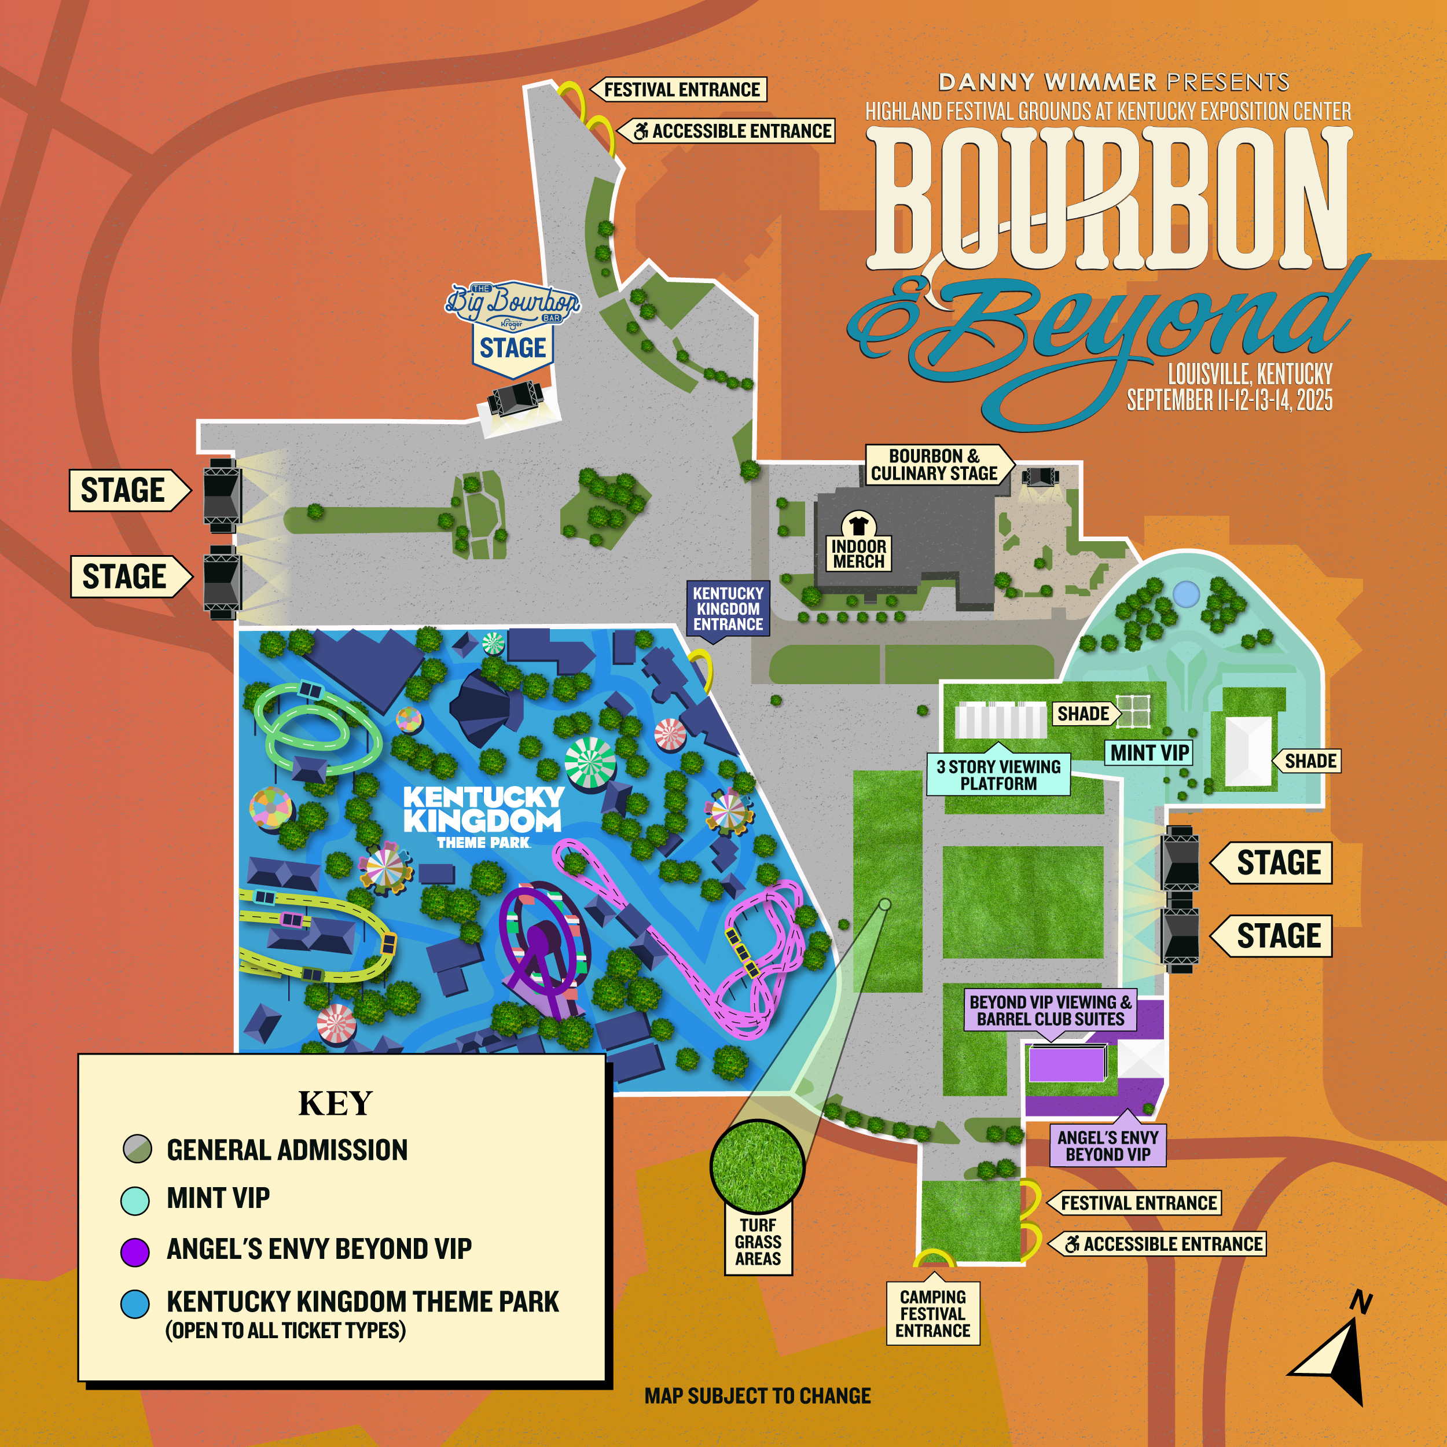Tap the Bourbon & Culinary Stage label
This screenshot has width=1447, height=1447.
[x=935, y=465]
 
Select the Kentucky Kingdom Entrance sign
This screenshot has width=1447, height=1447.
[x=727, y=609]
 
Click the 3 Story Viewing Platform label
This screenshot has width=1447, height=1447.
[x=998, y=775]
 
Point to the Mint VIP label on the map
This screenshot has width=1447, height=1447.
[x=1149, y=752]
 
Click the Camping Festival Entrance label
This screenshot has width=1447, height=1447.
[x=932, y=1314]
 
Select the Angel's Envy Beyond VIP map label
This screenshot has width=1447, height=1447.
[x=1108, y=1146]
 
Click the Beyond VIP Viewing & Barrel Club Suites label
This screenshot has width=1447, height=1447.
[x=1050, y=1011]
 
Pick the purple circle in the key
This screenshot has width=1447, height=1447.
[x=135, y=1251]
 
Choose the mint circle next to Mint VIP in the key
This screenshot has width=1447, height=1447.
[x=135, y=1199]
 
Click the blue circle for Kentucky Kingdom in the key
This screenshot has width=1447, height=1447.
[x=135, y=1304]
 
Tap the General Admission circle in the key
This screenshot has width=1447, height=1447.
[x=137, y=1149]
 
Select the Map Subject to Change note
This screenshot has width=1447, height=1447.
[x=757, y=1396]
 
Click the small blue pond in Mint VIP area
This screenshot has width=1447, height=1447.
[x=1185, y=594]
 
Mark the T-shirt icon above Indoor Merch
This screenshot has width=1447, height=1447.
[x=858, y=524]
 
